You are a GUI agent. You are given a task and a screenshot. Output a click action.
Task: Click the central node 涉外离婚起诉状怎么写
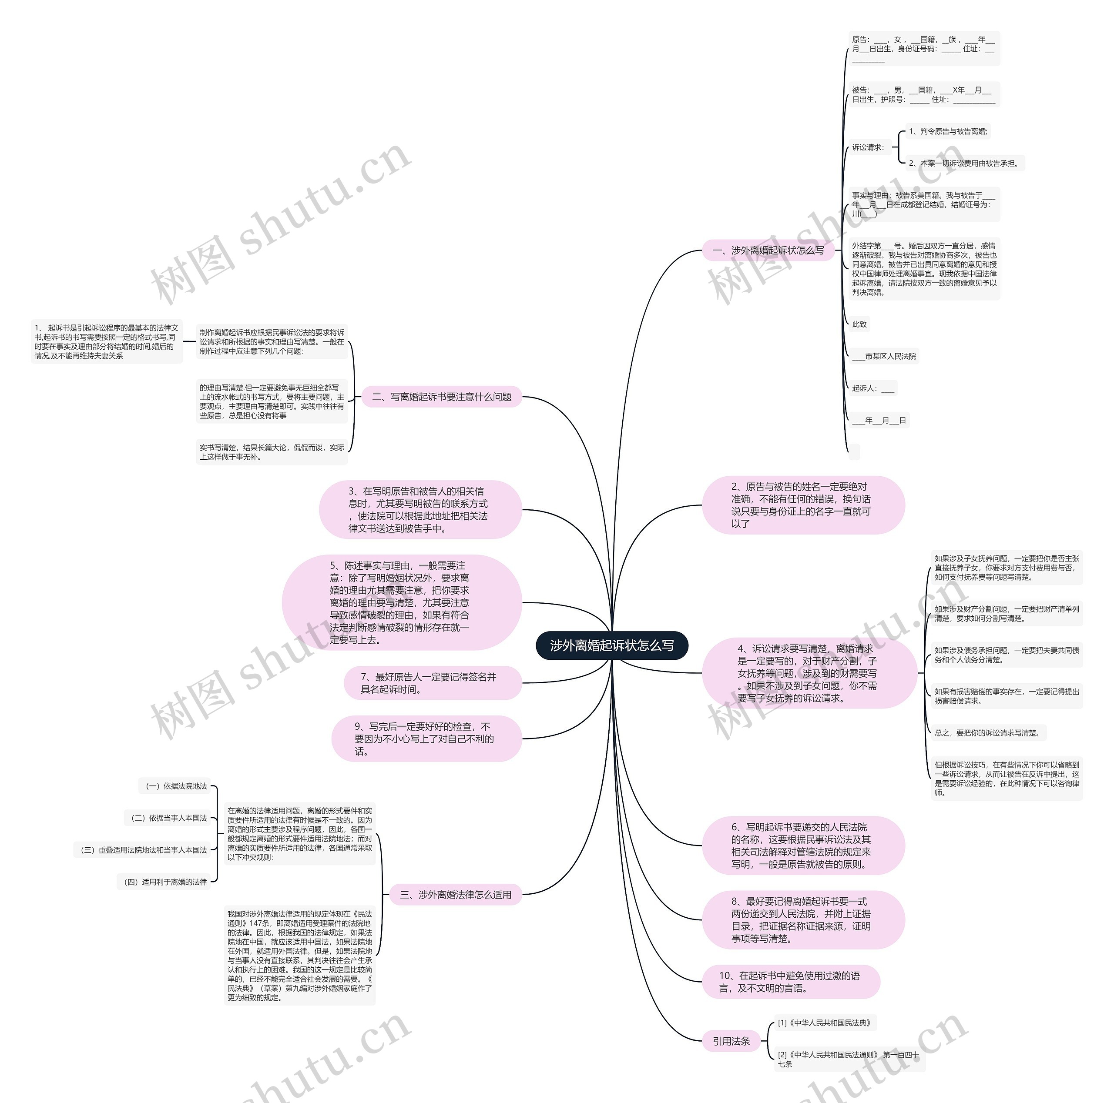coord(612,645)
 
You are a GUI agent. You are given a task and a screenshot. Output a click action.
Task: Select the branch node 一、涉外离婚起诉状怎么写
coord(768,251)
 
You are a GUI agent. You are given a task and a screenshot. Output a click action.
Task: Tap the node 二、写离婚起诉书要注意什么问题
coord(442,397)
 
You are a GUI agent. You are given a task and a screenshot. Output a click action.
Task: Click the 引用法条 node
coord(731,1041)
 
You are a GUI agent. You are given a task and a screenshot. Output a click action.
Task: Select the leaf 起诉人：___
coord(872,388)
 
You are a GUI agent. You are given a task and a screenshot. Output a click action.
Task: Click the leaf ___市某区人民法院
coord(884,357)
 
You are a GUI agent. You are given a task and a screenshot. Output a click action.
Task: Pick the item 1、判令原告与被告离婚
coord(947,131)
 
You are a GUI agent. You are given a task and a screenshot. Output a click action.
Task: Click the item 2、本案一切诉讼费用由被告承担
coord(963,164)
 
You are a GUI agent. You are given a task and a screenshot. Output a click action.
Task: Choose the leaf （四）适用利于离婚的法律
coord(164,882)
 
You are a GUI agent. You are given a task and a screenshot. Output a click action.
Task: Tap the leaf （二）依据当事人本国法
coord(168,818)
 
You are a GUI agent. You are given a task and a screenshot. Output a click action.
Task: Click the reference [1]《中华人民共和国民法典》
coord(825,1023)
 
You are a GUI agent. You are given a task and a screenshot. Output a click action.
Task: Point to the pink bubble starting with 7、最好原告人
coord(433,683)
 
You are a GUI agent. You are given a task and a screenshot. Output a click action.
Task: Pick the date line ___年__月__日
coord(879,421)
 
